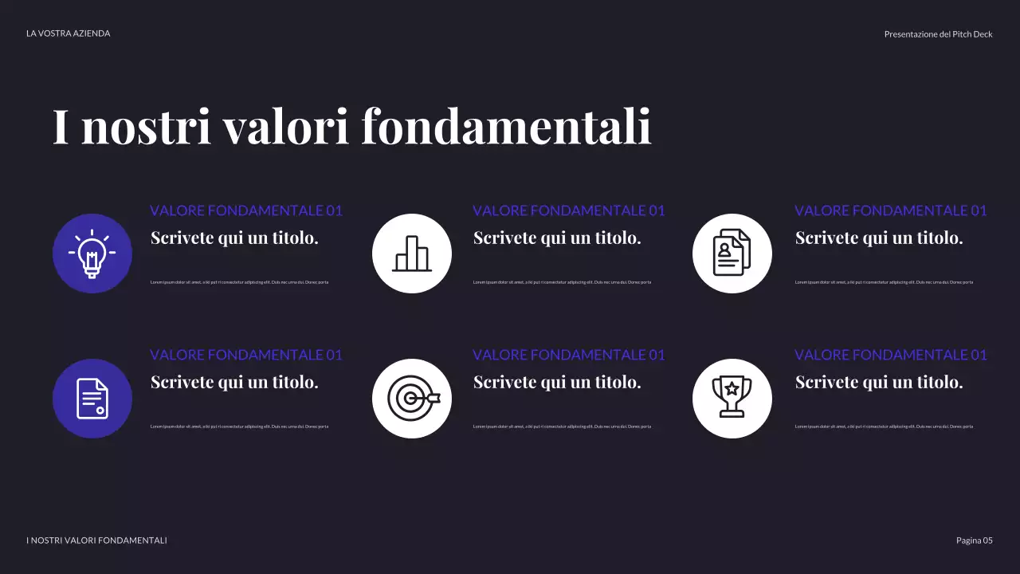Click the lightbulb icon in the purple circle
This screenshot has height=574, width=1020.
tap(92, 254)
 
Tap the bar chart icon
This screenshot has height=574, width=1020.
tap(412, 254)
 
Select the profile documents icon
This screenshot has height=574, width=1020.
tap(732, 254)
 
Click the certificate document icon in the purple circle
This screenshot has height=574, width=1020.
tap(92, 399)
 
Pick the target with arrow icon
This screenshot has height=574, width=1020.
tap(412, 399)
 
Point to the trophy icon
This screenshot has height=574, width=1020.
tap(732, 399)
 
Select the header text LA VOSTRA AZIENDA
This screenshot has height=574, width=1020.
tap(69, 33)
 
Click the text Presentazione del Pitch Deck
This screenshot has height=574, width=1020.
tap(938, 34)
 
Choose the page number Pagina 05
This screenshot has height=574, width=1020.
tap(974, 541)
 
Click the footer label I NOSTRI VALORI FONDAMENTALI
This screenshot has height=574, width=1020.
tap(96, 541)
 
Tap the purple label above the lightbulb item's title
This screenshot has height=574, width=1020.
tap(246, 210)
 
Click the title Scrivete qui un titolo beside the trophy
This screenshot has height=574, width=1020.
tap(879, 383)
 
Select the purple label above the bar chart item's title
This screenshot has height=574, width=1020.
tap(568, 210)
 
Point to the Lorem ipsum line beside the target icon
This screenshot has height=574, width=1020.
tap(562, 427)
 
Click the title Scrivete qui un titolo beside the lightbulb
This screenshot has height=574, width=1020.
tap(234, 238)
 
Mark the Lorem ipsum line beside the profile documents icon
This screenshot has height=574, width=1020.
tap(884, 282)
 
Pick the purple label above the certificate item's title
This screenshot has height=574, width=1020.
tap(246, 355)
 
